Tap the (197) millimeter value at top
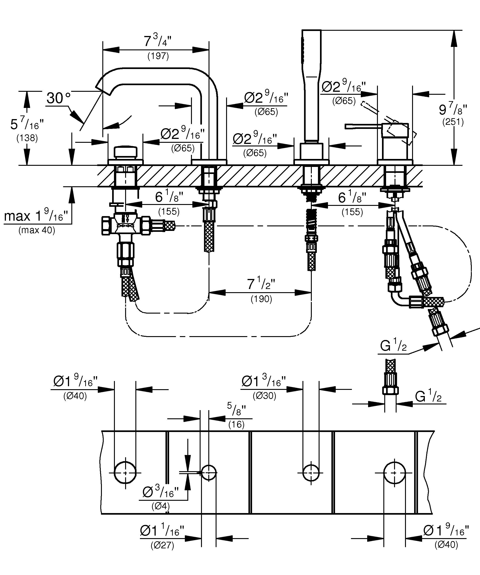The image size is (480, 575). (x=158, y=56)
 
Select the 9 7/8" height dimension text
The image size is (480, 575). (x=453, y=110)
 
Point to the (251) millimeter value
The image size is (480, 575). (x=453, y=122)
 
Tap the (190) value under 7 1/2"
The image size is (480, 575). (x=261, y=299)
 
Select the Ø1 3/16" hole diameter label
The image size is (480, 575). (x=263, y=381)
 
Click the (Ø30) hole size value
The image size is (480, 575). (x=264, y=395)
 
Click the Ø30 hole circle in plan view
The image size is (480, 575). (x=311, y=473)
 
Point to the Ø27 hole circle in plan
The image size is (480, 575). (x=209, y=473)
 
